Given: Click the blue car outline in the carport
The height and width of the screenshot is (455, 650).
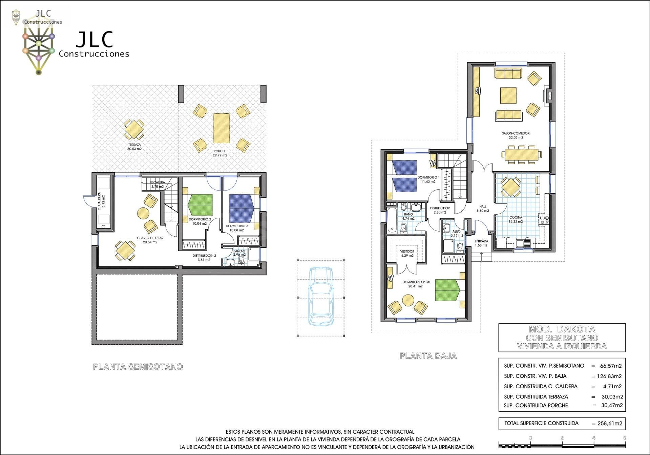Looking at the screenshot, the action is tap(320, 296).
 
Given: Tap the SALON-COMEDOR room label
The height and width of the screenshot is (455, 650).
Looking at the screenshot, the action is tap(516, 133).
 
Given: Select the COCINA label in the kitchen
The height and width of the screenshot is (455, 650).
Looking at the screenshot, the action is tap(516, 217).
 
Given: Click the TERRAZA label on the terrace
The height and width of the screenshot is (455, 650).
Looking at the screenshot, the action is tap(134, 145).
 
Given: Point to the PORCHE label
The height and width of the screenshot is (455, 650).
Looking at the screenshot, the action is tap(220, 151).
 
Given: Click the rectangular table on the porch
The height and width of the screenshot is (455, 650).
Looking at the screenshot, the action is tap(222, 128).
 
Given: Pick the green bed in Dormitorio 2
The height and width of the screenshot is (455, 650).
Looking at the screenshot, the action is tap(200, 205).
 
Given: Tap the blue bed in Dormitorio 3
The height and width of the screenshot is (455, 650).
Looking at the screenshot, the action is tap(242, 208).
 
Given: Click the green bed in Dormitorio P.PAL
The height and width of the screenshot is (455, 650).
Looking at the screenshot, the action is tap(447, 290).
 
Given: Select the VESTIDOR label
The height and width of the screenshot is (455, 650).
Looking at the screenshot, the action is tap(407, 252).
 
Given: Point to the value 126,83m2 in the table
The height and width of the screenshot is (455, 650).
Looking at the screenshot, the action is tap(609, 376).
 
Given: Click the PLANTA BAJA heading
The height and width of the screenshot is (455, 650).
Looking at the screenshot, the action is tap(428, 356).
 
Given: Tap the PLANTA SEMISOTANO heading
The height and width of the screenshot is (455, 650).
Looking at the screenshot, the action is tap(138, 367).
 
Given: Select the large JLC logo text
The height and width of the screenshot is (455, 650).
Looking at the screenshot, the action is tap(94, 39).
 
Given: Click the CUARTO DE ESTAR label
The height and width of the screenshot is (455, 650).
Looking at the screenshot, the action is tap(150, 238).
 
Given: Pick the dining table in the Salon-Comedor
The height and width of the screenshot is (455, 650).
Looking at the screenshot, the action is tap(521, 154).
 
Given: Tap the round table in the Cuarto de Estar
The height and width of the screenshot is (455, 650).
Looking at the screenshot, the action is tap(143, 213).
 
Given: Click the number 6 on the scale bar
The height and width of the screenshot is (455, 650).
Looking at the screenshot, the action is tap(624, 438).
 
